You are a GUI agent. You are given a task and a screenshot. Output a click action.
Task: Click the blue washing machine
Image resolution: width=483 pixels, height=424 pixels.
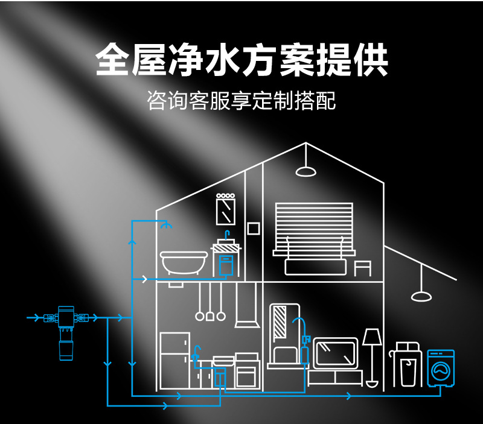click(441, 368)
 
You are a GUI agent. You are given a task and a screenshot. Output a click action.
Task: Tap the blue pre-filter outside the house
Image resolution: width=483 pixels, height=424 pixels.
click(66, 332)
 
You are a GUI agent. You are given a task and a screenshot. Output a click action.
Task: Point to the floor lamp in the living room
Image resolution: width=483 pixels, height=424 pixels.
click(372, 356)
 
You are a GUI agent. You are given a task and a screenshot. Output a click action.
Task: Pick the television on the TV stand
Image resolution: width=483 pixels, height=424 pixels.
click(336, 353)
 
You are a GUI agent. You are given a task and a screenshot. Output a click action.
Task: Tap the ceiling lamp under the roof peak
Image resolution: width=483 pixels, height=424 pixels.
click(305, 170)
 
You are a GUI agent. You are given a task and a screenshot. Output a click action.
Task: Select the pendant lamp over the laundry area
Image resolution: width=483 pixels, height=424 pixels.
click(421, 296)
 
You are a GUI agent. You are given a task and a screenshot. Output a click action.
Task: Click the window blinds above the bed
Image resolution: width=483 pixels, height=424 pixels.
click(313, 224)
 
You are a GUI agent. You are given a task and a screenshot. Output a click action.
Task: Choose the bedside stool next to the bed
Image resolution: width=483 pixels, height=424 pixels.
click(362, 268)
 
